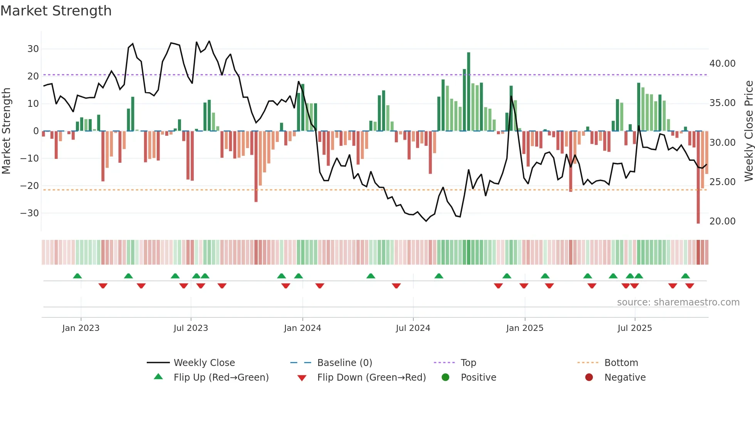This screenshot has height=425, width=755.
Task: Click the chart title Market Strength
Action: click(56, 11)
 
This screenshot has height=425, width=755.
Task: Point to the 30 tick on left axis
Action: click(33, 49)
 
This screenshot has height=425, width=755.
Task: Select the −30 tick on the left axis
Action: click(30, 213)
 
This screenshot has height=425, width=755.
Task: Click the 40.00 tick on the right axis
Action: click(722, 64)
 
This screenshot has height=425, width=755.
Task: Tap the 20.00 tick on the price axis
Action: click(722, 221)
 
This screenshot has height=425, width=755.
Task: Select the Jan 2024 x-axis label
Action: click(302, 328)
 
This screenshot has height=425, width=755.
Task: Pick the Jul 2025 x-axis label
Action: click(634, 328)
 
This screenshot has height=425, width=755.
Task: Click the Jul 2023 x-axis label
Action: click(191, 328)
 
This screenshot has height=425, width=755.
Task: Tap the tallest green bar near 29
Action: click(468, 92)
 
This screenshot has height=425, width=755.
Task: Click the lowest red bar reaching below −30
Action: click(698, 177)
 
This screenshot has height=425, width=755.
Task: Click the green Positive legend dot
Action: click(445, 378)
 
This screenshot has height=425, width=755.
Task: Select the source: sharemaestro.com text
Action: click(678, 302)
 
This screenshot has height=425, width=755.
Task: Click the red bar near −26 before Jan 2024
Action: click(256, 167)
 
